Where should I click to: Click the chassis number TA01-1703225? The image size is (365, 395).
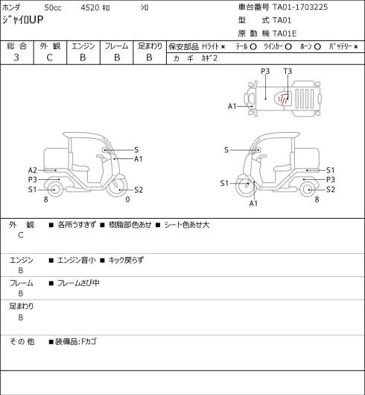(300, 7)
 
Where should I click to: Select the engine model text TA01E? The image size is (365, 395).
(285, 34)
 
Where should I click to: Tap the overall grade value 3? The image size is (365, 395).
(16, 57)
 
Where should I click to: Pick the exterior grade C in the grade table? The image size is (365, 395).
(49, 57)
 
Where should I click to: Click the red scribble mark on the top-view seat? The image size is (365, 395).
(284, 99)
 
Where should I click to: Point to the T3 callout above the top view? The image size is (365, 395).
(288, 72)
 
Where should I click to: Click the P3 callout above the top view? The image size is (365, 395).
(265, 72)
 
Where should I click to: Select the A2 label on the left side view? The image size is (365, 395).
(33, 170)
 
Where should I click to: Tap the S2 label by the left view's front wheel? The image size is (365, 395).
(139, 190)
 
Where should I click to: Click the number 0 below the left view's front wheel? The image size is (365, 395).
(127, 199)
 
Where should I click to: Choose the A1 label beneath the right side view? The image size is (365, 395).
(253, 204)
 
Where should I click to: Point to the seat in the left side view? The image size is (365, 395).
(80, 167)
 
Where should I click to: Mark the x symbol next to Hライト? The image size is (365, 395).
(223, 47)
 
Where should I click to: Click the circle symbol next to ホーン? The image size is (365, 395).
(317, 47)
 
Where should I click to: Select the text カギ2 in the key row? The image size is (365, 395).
(209, 58)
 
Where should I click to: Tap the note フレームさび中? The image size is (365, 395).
(78, 283)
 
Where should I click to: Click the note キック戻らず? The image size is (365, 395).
(126, 260)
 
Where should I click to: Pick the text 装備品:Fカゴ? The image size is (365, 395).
(76, 342)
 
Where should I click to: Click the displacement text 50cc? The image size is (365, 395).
(53, 7)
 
